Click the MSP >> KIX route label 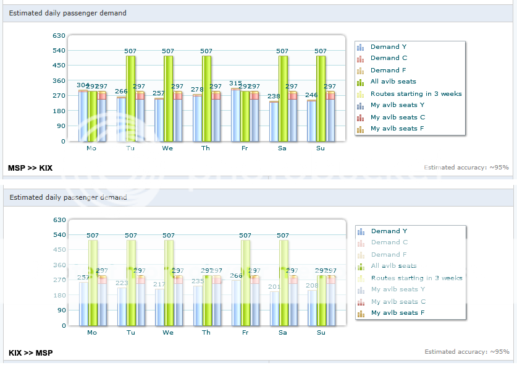(30, 168)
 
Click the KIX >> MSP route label (30, 353)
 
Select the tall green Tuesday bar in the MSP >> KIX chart (130, 99)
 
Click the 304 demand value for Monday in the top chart (83, 85)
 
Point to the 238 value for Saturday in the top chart (274, 96)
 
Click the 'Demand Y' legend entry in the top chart (388, 46)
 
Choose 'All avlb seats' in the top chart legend (393, 81)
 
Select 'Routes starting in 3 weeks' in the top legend (416, 94)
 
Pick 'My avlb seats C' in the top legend (397, 117)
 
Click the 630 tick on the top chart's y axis (59, 35)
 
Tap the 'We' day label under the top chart (167, 148)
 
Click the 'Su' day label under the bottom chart (321, 333)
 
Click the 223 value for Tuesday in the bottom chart (122, 283)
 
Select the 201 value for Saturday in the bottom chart (274, 286)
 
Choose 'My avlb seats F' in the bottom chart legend (397, 313)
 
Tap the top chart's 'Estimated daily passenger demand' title (68, 13)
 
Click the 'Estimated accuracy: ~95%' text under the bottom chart (466, 352)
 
